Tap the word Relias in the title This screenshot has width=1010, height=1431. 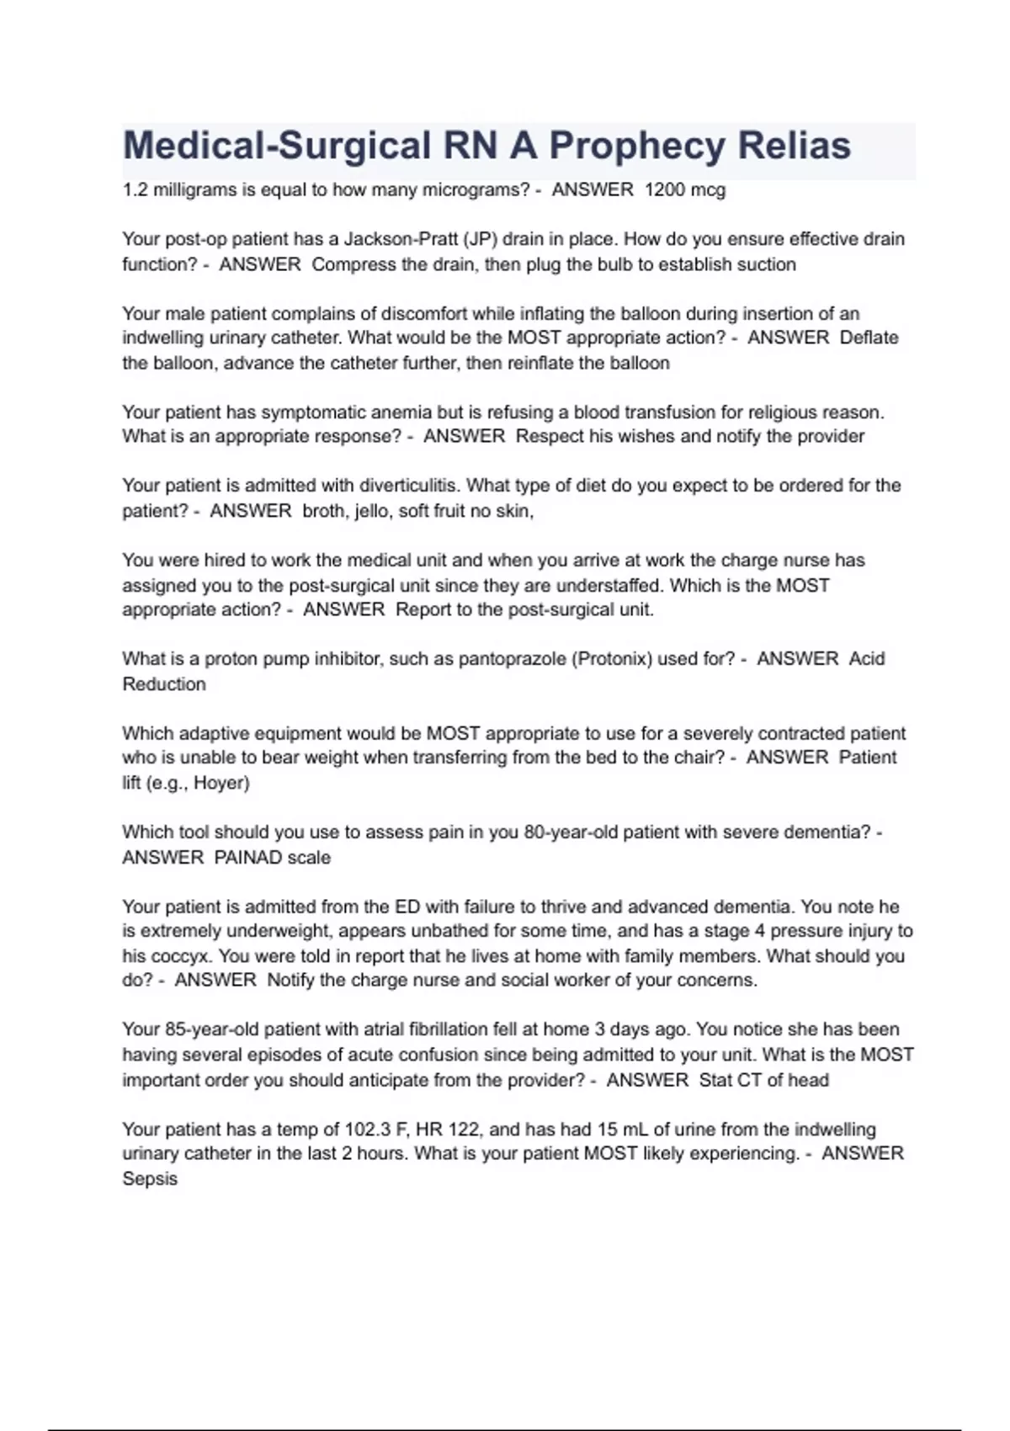pos(795,146)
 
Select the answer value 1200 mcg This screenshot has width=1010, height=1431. pos(684,190)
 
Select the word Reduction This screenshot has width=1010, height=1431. pos(164,684)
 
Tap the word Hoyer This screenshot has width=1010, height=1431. pos(221,783)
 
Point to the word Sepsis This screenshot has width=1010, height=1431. pos(150,1179)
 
